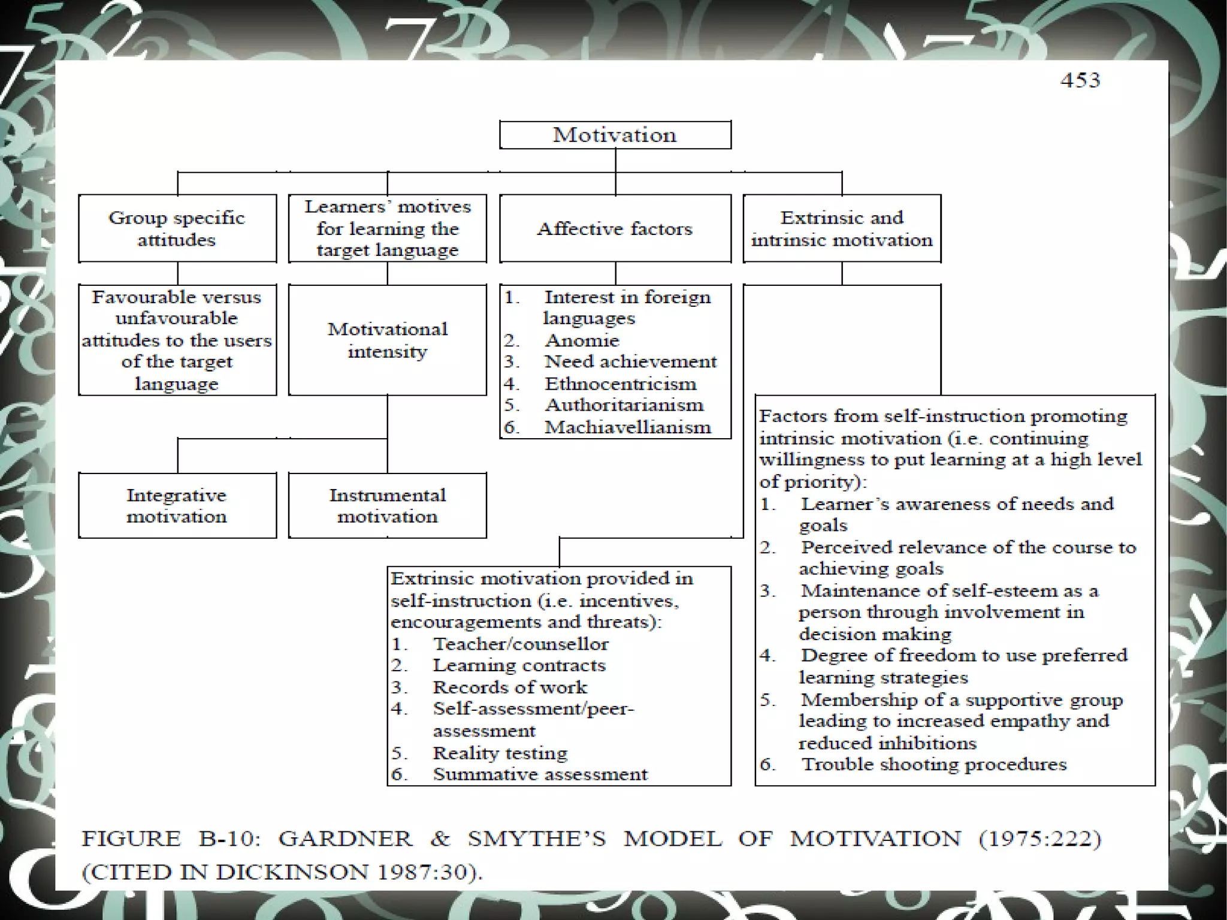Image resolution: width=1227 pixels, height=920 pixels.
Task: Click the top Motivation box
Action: click(615, 135)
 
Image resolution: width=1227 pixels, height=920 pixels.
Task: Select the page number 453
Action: click(1080, 80)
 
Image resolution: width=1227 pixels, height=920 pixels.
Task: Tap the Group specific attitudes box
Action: click(177, 228)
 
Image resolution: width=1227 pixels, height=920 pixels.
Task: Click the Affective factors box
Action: click(615, 228)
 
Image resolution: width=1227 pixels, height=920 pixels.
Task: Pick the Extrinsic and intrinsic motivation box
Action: click(842, 228)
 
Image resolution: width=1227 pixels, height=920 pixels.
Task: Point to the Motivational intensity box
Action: click(387, 340)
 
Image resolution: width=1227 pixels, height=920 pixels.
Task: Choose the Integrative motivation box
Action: click(177, 505)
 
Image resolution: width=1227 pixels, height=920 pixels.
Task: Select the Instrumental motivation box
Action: click(387, 505)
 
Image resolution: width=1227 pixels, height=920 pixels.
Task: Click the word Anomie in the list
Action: click(582, 340)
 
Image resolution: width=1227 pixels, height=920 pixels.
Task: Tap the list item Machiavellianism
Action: click(627, 427)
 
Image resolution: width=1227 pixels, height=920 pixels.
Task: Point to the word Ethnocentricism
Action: click(620, 384)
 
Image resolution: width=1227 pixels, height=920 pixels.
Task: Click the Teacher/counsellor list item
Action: click(520, 644)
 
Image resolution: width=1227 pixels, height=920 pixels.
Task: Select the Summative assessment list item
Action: click(540, 774)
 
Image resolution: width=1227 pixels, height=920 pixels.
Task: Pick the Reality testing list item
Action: click(500, 752)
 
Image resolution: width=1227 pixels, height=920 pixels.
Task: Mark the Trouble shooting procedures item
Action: click(933, 764)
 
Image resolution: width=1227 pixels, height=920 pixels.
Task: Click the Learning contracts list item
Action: click(519, 665)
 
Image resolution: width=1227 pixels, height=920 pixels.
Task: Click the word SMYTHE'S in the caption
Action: click(537, 838)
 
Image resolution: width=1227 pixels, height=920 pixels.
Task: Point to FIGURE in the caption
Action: click(131, 838)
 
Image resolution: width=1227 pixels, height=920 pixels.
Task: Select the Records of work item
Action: click(510, 687)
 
